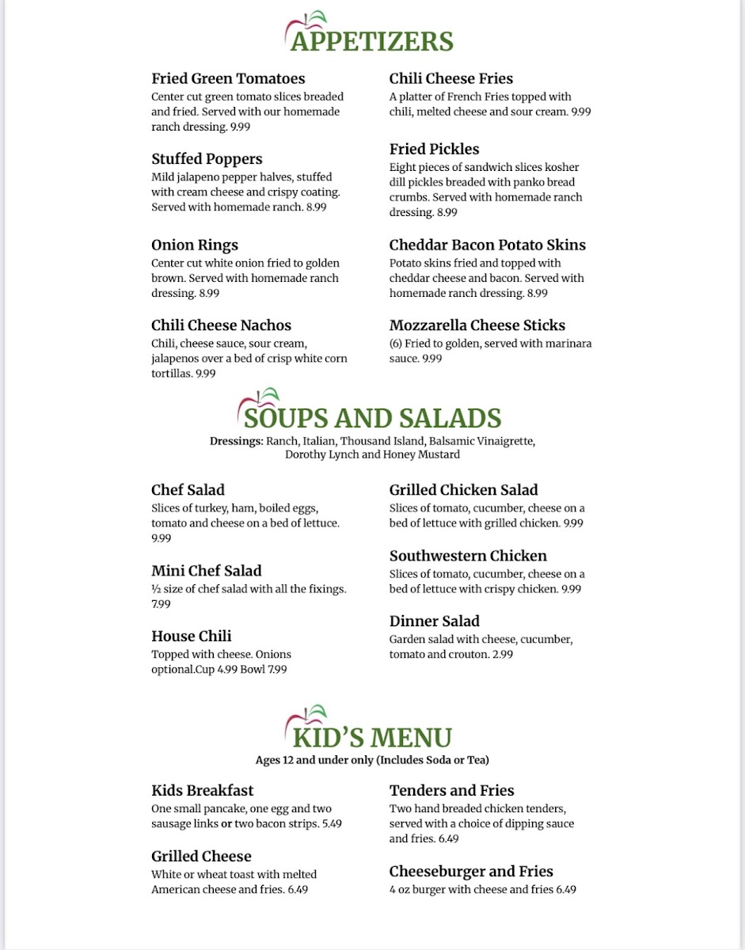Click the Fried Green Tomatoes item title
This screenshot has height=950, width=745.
pyautogui.click(x=228, y=78)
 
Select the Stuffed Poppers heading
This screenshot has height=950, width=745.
pyautogui.click(x=207, y=158)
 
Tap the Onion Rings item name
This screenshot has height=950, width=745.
pyautogui.click(x=195, y=245)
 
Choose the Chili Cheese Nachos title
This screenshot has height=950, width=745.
pyautogui.click(x=221, y=325)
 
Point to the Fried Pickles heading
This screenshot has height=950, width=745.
pyautogui.click(x=434, y=149)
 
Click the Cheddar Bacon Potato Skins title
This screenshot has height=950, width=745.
pyautogui.click(x=487, y=245)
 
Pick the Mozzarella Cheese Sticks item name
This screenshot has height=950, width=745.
pyautogui.click(x=477, y=325)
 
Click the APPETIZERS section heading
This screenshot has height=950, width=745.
pyautogui.click(x=372, y=41)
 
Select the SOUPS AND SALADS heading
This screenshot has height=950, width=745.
pyautogui.click(x=372, y=418)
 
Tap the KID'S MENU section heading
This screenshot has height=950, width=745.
pyautogui.click(x=372, y=737)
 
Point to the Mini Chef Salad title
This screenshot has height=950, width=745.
pyautogui.click(x=206, y=571)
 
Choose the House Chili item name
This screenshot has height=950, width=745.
pyautogui.click(x=191, y=636)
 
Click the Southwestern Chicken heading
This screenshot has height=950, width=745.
pyautogui.click(x=468, y=556)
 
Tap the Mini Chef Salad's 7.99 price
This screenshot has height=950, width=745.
pyautogui.click(x=161, y=604)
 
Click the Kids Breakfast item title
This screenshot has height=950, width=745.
pyautogui.click(x=202, y=790)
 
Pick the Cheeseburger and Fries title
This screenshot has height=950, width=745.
pyautogui.click(x=471, y=872)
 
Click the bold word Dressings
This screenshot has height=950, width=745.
pyautogui.click(x=236, y=441)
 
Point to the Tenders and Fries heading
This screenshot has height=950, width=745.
pyautogui.click(x=451, y=790)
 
